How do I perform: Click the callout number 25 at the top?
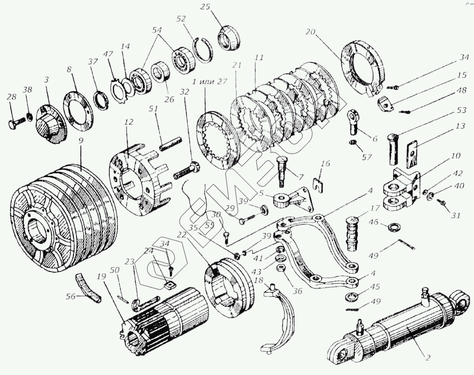(x=205, y=7)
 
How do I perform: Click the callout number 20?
(x=310, y=32)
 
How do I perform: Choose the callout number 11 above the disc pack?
(x=259, y=58)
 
